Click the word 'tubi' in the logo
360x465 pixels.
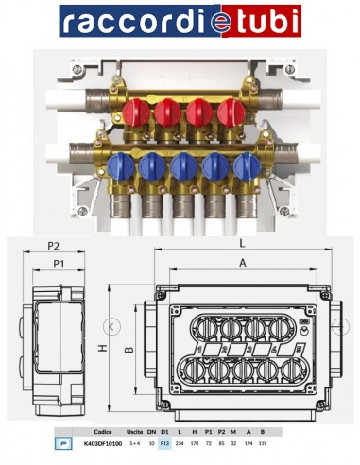tap(268, 21)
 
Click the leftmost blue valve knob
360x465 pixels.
tap(120, 167)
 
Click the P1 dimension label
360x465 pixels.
tap(59, 264)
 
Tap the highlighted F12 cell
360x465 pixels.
tap(163, 442)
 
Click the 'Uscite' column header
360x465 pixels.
tap(134, 430)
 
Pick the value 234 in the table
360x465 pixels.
tap(180, 442)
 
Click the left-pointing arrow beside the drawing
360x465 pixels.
tap(112, 326)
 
